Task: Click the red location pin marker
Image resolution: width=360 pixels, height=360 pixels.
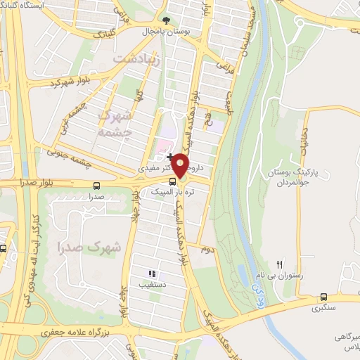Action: click(x=180, y=166)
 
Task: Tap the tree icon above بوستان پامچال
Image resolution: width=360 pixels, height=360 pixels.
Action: click(x=166, y=20)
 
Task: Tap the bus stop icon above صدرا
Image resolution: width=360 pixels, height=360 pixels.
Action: click(x=96, y=186)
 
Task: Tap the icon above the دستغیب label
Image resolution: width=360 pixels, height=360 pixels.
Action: click(x=151, y=274)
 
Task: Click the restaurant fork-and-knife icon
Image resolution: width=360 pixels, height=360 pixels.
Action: click(x=280, y=264)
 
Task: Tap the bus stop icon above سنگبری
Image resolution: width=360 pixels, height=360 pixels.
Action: click(x=323, y=297)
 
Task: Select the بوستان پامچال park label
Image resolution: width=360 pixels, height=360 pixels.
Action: click(x=162, y=32)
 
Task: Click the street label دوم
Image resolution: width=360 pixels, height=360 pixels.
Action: click(x=206, y=249)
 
